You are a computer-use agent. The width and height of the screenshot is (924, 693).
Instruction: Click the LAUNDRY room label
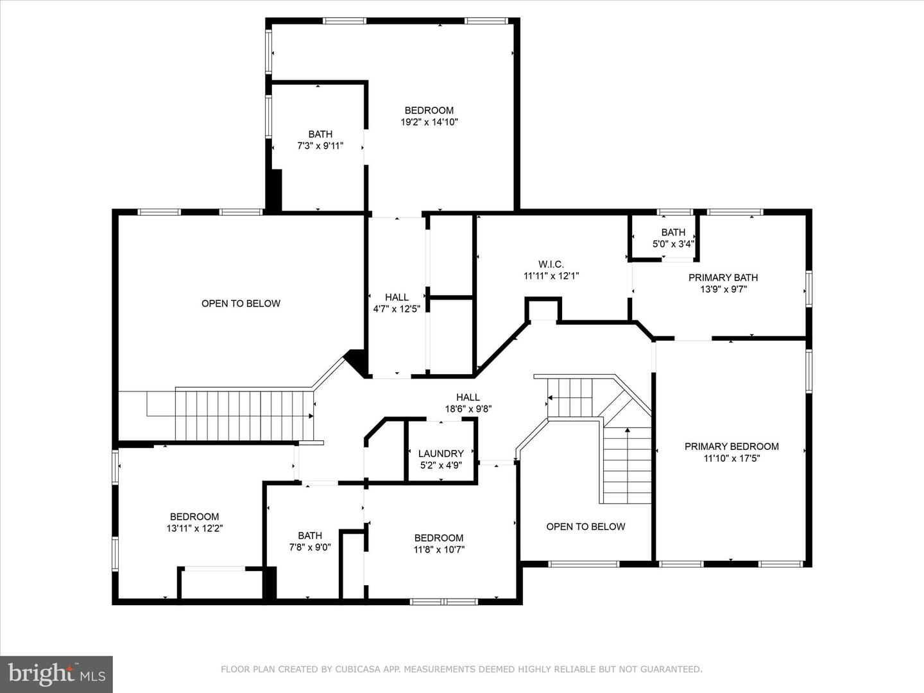[x=441, y=454]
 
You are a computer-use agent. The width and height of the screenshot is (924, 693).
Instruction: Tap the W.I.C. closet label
[x=551, y=264]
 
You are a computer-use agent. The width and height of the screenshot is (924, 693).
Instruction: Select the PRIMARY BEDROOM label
[x=732, y=447]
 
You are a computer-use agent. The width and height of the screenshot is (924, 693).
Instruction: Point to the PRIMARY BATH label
[x=723, y=278]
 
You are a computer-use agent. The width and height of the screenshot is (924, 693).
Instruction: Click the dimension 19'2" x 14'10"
[x=429, y=122]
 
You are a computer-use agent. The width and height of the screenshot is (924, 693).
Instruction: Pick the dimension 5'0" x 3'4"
[x=673, y=244]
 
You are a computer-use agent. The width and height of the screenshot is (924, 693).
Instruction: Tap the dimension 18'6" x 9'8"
[x=468, y=409]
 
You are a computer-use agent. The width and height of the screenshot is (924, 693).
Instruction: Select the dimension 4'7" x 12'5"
[x=397, y=309]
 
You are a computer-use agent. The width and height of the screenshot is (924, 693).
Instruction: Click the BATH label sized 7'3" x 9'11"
[x=320, y=134]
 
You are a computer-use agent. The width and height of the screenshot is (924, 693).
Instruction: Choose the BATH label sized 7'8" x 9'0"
[x=310, y=536]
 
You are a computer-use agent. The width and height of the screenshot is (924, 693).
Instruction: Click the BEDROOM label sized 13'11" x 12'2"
[x=194, y=517]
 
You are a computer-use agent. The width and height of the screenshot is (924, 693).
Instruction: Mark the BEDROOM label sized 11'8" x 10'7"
[x=439, y=538]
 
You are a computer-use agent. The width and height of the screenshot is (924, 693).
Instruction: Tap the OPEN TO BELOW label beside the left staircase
[x=241, y=304]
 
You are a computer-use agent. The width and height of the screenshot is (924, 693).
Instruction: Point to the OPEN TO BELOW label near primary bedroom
[x=585, y=527]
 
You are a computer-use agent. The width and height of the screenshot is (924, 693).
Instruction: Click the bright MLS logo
[x=56, y=674]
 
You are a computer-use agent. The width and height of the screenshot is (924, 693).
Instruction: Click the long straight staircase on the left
[x=244, y=415]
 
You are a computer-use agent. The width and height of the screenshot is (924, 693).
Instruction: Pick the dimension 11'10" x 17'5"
[x=732, y=458]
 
